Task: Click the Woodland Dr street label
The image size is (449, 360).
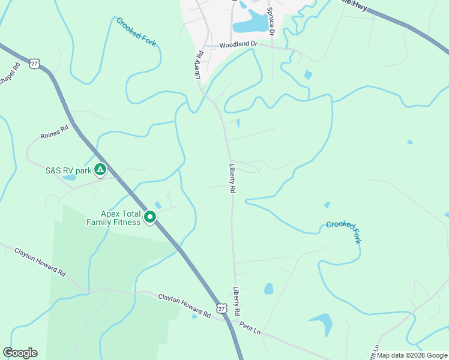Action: pyautogui.click(x=238, y=44)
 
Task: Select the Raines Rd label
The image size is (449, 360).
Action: pyautogui.click(x=55, y=131)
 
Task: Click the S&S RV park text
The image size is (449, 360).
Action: pyautogui.click(x=68, y=170)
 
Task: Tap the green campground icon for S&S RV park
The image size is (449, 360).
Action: pyautogui.click(x=100, y=170)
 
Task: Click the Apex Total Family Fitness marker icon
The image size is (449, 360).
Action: pyautogui.click(x=151, y=217)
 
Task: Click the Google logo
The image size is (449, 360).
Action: pyautogui.click(x=20, y=352)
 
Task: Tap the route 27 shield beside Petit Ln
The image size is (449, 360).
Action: pyautogui.click(x=222, y=308)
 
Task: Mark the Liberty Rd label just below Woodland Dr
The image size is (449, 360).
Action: pyautogui.click(x=199, y=64)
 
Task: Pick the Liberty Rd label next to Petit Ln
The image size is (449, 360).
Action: pyautogui.click(x=238, y=301)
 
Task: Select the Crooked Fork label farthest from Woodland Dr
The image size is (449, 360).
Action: pyautogui.click(x=344, y=231)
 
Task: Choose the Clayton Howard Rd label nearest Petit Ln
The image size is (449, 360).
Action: pyautogui.click(x=185, y=305)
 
